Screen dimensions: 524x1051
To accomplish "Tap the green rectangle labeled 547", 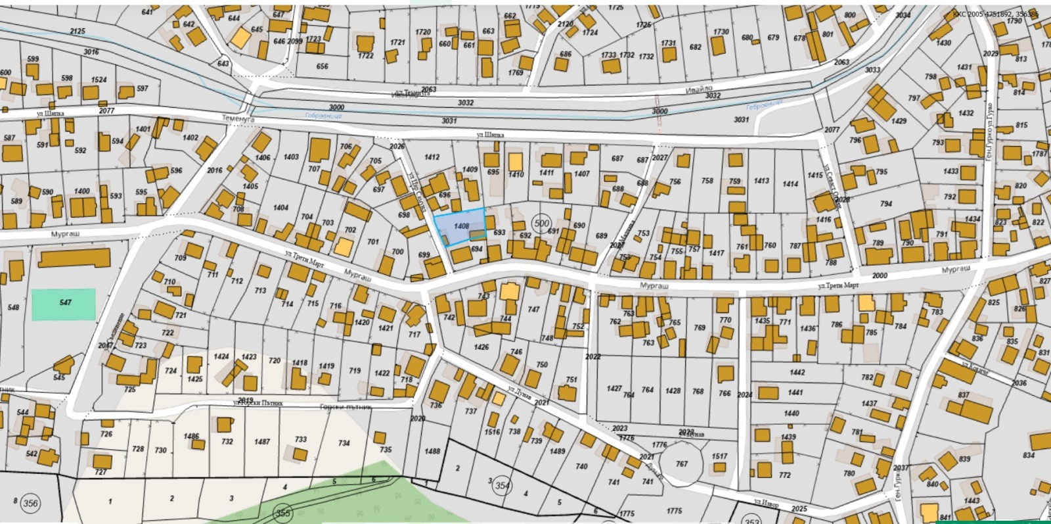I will (x=64, y=303).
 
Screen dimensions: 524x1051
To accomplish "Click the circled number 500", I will (x=541, y=224).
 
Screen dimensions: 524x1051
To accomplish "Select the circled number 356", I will (x=30, y=504).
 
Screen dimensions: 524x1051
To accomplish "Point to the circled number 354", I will (x=502, y=485).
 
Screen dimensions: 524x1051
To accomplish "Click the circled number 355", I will (x=282, y=513).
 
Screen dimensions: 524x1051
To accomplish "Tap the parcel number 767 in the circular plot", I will (x=682, y=464).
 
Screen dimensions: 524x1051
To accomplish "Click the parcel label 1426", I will (x=481, y=347).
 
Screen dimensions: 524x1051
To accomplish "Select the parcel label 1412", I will (x=432, y=157).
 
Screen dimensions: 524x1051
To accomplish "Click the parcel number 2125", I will (x=78, y=31).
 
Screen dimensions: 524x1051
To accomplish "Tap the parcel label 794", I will (x=886, y=204).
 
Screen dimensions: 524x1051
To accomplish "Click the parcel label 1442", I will (x=797, y=372).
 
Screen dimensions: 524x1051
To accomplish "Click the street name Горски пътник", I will (x=346, y=407).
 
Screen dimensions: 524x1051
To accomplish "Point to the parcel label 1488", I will (x=432, y=451).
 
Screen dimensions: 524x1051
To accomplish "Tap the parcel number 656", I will (x=322, y=66).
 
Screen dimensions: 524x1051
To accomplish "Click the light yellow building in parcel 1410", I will (x=516, y=162).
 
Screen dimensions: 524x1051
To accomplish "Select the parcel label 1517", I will (x=719, y=456).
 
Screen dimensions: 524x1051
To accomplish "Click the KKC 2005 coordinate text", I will (x=995, y=14).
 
